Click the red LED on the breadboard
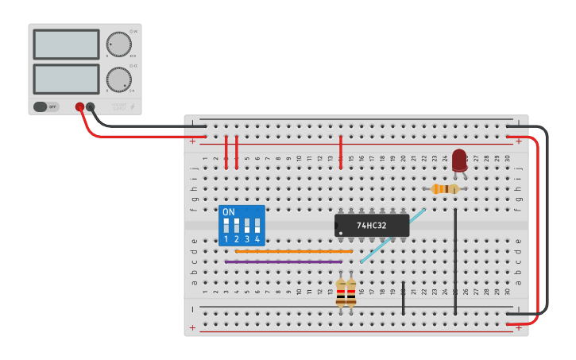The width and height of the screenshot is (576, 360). tap(459, 160)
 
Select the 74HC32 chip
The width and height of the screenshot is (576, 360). tap(371, 225)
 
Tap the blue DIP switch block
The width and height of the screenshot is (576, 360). tap(242, 226)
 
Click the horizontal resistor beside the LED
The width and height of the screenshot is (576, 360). tap(445, 188)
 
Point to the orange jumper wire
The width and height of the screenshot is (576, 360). tap(293, 251)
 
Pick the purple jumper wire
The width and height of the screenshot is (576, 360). tap(283, 261)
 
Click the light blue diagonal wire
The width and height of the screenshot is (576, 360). tap(392, 236)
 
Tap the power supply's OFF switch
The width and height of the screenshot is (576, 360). tap(46, 106)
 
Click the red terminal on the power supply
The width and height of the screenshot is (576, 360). tap(79, 106)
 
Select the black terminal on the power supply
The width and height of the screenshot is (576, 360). tap(91, 106)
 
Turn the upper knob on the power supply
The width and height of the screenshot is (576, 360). tap(118, 44)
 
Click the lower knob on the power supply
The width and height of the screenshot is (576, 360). tap(118, 79)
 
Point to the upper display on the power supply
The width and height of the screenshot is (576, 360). tap(66, 44)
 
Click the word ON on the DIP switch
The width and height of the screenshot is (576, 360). tap(229, 212)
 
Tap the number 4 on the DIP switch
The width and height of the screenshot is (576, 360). tap(257, 238)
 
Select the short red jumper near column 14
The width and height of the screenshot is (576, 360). tap(341, 151)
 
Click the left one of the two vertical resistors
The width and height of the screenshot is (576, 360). tap(341, 295)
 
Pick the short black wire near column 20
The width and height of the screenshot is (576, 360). tap(403, 297)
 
